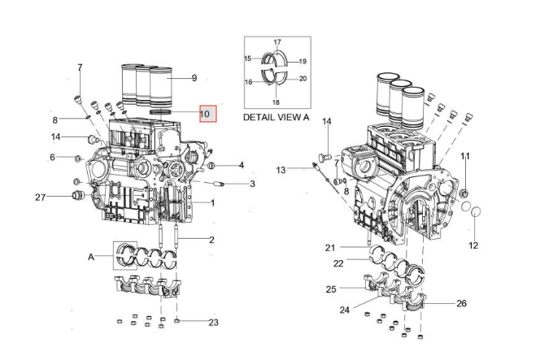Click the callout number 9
pos(194,78)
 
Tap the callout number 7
pos(80,67)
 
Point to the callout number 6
pos(53,157)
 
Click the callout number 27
pos(40,197)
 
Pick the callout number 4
pos(241,166)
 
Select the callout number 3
pos(252,184)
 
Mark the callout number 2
pos(211,240)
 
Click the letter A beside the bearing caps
pos(91,257)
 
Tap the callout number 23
pos(214,323)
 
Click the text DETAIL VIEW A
pos(277,117)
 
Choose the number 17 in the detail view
pos(277,42)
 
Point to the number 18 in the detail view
pos(276,102)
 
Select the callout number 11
pos(465,155)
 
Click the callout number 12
pos(473,245)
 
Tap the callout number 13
pos(281,171)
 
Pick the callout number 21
pos(330,247)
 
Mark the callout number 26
pos(462,304)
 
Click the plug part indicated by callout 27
pos(79,197)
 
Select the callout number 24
pos(344,310)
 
